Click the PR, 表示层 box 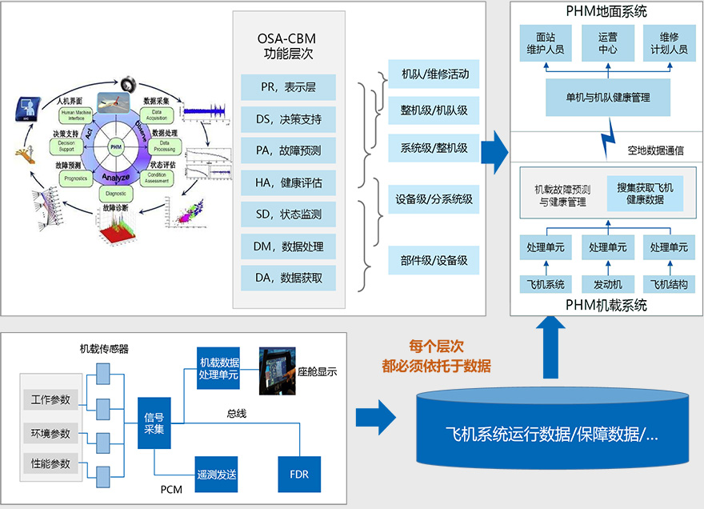[x=289, y=87]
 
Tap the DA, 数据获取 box [x=289, y=278]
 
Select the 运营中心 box [x=607, y=43]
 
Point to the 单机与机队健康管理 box [x=607, y=97]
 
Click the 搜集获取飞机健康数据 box [x=645, y=194]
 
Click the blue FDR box [x=298, y=474]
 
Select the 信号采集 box [x=154, y=423]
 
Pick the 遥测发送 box [x=217, y=474]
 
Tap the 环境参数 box [x=50, y=434]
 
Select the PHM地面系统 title [x=606, y=11]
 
